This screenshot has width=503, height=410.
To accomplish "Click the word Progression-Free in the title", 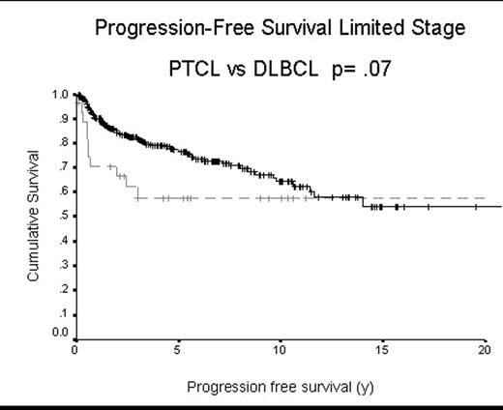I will [x=156, y=28].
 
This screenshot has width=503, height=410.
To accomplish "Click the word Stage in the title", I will [x=436, y=28].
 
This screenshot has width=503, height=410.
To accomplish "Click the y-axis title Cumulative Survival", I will [x=33, y=216].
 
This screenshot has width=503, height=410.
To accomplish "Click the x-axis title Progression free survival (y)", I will [x=280, y=387].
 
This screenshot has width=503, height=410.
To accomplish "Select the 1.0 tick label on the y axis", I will [x=60, y=95].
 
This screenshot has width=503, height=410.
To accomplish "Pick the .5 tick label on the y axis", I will [x=62, y=216].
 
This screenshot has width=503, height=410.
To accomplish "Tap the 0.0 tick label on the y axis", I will [x=60, y=333].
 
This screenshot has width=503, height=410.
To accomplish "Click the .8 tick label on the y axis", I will [x=62, y=143].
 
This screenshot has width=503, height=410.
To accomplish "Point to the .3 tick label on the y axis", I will [x=62, y=264].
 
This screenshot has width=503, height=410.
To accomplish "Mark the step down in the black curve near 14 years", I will [x=363, y=202].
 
